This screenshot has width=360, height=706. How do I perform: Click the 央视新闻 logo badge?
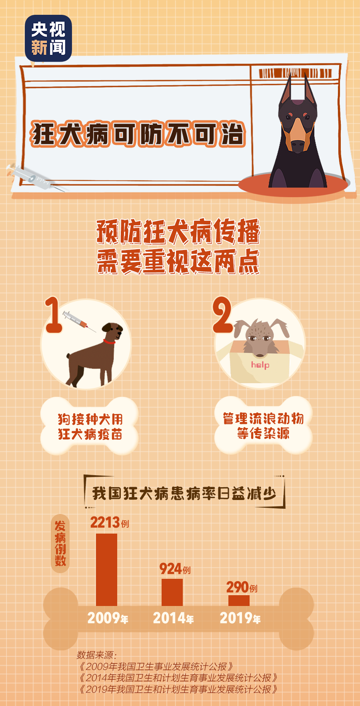tap(48, 38)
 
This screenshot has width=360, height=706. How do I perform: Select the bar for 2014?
tap(172, 592)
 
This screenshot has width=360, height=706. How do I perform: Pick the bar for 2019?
tap(239, 600)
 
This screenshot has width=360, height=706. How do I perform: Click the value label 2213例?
tap(109, 522)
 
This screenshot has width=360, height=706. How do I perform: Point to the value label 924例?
tap(175, 569)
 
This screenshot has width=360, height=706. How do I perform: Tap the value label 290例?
tap(242, 587)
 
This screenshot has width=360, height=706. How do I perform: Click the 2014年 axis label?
tap(173, 618)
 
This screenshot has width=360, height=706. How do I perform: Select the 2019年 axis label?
tap(240, 618)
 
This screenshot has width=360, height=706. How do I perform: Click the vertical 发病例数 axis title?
tap(60, 543)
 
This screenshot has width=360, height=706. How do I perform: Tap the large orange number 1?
tap(53, 316)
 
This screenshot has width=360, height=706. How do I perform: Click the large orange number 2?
tap(222, 316)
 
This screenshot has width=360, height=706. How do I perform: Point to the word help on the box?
tap(260, 365)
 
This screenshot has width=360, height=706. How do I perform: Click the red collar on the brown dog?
tap(109, 342)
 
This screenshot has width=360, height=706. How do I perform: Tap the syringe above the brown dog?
tap(79, 321)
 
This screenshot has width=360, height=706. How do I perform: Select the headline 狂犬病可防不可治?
tap(138, 134)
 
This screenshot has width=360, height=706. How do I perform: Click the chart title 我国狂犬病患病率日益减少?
tap(184, 493)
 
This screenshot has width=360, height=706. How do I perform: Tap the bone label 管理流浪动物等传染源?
tap(263, 426)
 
